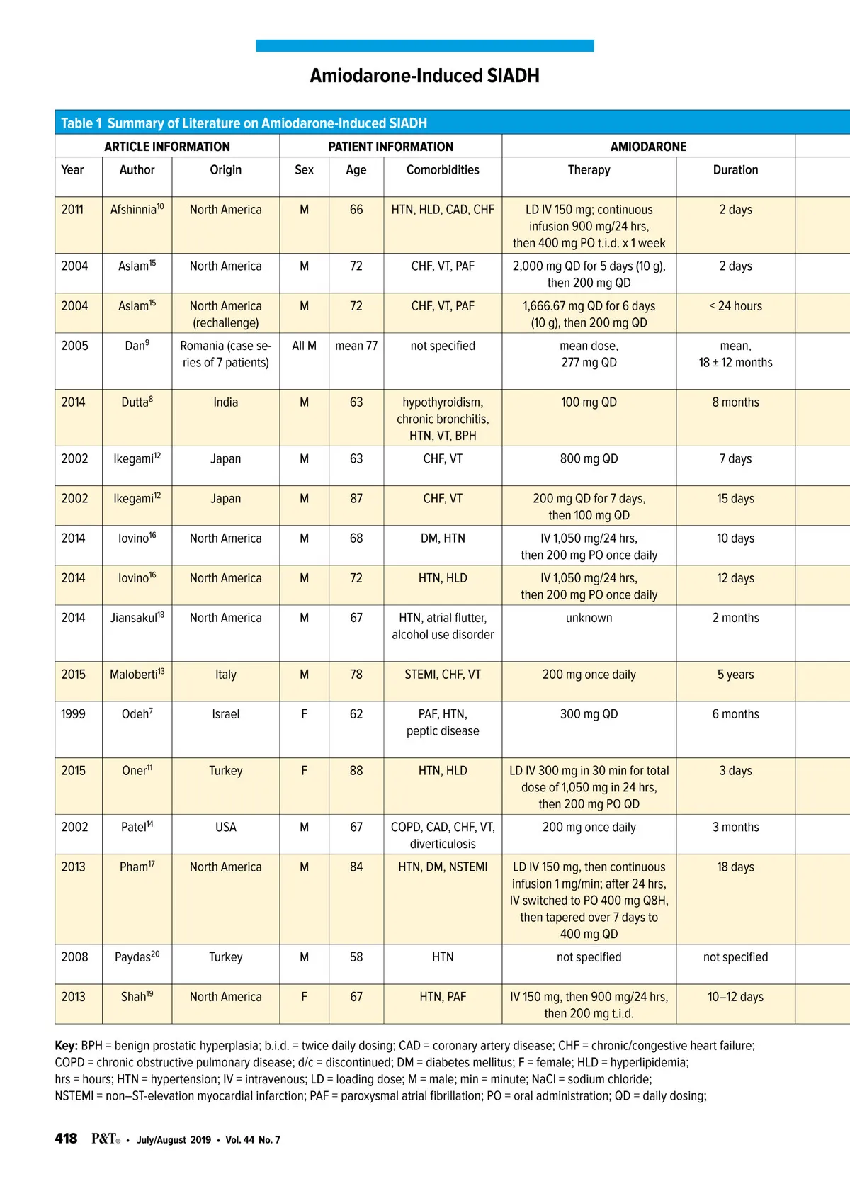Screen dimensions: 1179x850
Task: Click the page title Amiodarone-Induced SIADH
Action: click(424, 76)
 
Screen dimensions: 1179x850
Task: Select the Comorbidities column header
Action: click(443, 170)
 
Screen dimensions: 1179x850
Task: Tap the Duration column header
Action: click(735, 170)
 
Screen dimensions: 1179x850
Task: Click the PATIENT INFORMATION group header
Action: click(390, 147)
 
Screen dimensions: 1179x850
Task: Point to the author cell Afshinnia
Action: click(136, 210)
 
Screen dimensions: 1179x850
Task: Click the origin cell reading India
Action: click(225, 402)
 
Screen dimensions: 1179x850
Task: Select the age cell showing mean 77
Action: click(356, 346)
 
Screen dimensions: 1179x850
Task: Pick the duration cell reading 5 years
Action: click(735, 675)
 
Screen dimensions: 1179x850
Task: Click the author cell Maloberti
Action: click(137, 675)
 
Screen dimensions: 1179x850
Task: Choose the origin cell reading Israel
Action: click(225, 714)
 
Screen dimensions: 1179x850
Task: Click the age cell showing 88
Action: click(356, 771)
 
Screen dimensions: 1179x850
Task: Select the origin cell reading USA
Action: click(225, 828)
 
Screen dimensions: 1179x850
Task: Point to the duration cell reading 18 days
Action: click(735, 867)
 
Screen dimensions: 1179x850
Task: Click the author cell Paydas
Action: click(137, 957)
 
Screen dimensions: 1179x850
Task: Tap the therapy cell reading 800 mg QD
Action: click(589, 459)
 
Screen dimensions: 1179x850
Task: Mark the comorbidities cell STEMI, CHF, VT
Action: click(443, 675)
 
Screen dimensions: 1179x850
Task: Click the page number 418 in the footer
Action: click(66, 1139)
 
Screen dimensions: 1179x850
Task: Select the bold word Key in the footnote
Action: click(66, 1046)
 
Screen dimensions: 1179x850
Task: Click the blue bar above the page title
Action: click(424, 45)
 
